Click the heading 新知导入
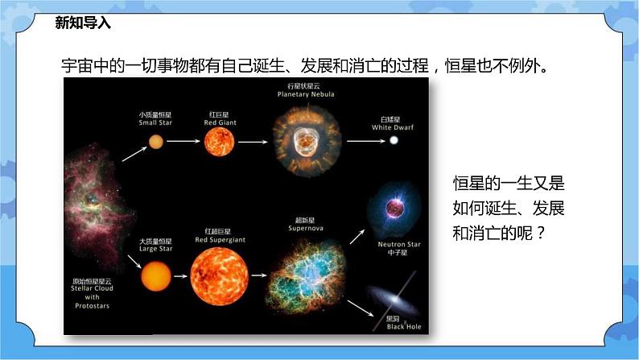coord(83,23)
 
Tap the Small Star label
coord(155,119)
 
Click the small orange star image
coord(155,143)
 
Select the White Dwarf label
coord(393,123)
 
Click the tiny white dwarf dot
coord(394,141)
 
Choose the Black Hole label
coord(397,325)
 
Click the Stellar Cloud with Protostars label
coord(91,294)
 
